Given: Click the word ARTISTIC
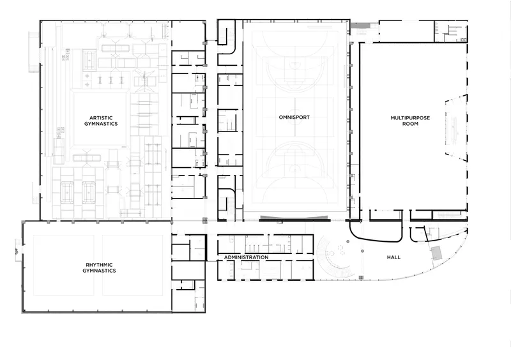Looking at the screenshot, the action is (101, 118).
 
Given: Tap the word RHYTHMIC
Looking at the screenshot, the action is (99, 265).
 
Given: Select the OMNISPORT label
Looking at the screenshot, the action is (294, 117).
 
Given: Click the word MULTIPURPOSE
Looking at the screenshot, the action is (410, 118).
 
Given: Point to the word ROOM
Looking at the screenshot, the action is (410, 124).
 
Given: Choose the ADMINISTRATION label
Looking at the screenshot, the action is (247, 257).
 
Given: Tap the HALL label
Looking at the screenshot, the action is (393, 257).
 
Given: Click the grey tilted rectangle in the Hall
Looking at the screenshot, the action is (437, 253).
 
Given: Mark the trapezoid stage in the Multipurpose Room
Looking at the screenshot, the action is (456, 127).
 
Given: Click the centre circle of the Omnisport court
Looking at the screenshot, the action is (295, 123).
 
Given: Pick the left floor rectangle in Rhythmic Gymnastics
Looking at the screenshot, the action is (63, 265).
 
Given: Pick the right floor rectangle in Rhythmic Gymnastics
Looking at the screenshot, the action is (133, 265).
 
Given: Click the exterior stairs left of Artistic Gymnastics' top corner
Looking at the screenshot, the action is (34, 52).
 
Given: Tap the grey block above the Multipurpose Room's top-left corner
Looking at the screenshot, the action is (360, 26).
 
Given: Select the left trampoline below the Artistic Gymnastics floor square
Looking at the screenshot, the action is (68, 193).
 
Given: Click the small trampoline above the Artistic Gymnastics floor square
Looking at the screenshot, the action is (89, 59).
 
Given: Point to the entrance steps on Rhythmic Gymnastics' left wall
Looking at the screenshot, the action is (19, 250).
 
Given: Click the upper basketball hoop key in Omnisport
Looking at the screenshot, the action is (294, 71).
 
